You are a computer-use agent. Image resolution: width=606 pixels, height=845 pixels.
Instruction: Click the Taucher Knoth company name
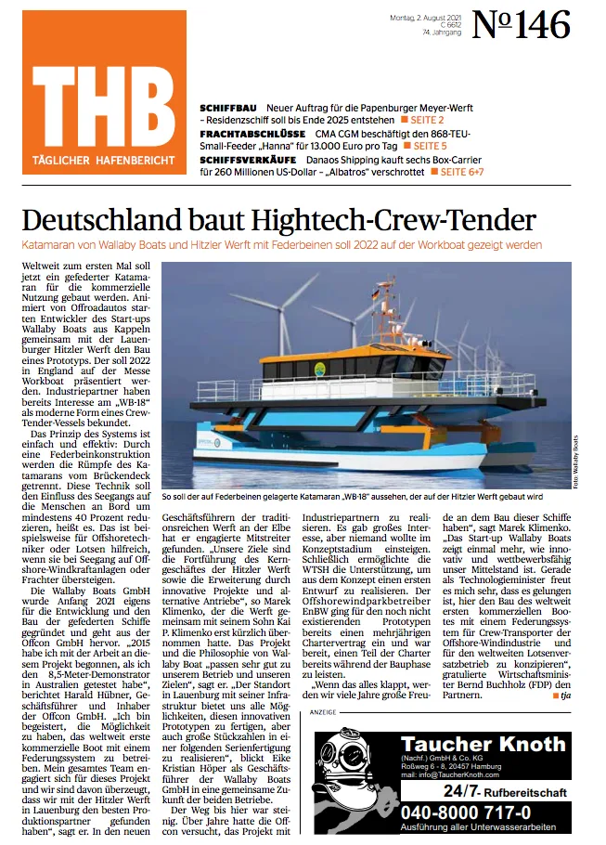click(x=483, y=744)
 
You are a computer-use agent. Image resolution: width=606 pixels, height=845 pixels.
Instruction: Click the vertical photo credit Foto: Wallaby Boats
click(x=575, y=461)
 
